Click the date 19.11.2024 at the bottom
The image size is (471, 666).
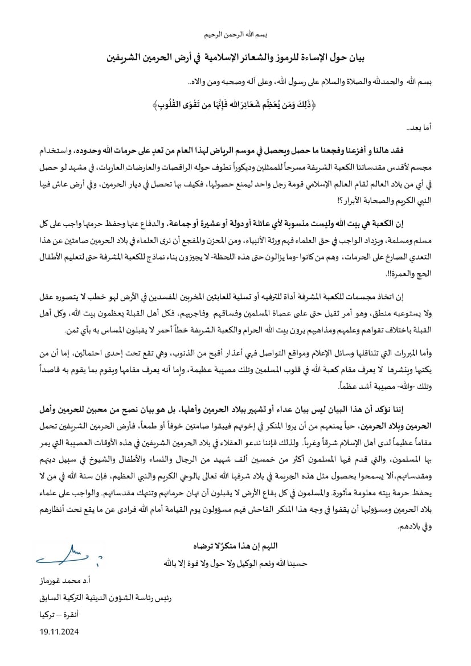tap(59, 631)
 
